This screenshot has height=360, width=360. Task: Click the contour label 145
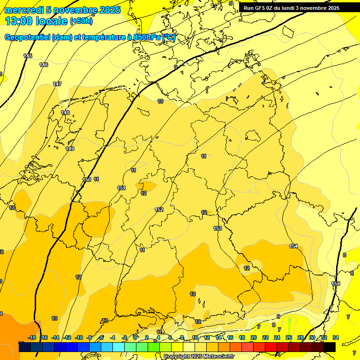[28, 56]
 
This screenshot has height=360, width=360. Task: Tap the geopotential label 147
[57, 84]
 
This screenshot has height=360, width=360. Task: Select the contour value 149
[70, 149]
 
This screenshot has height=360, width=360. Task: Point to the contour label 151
[121, 188]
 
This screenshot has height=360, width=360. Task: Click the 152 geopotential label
[159, 210]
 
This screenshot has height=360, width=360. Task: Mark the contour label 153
[217, 228]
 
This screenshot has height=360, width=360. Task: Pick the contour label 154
[293, 246]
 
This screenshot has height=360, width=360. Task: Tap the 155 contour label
[336, 284]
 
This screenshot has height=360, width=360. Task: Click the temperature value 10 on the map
[160, 101]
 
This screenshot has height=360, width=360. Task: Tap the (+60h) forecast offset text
[81, 21]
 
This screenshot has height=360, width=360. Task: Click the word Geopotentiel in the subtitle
[27, 37]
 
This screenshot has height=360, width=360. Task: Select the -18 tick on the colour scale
[32, 337]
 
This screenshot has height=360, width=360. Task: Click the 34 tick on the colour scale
[336, 337]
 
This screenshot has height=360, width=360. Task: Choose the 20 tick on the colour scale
[254, 337]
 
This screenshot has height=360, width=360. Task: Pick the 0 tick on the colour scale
[135, 337]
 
